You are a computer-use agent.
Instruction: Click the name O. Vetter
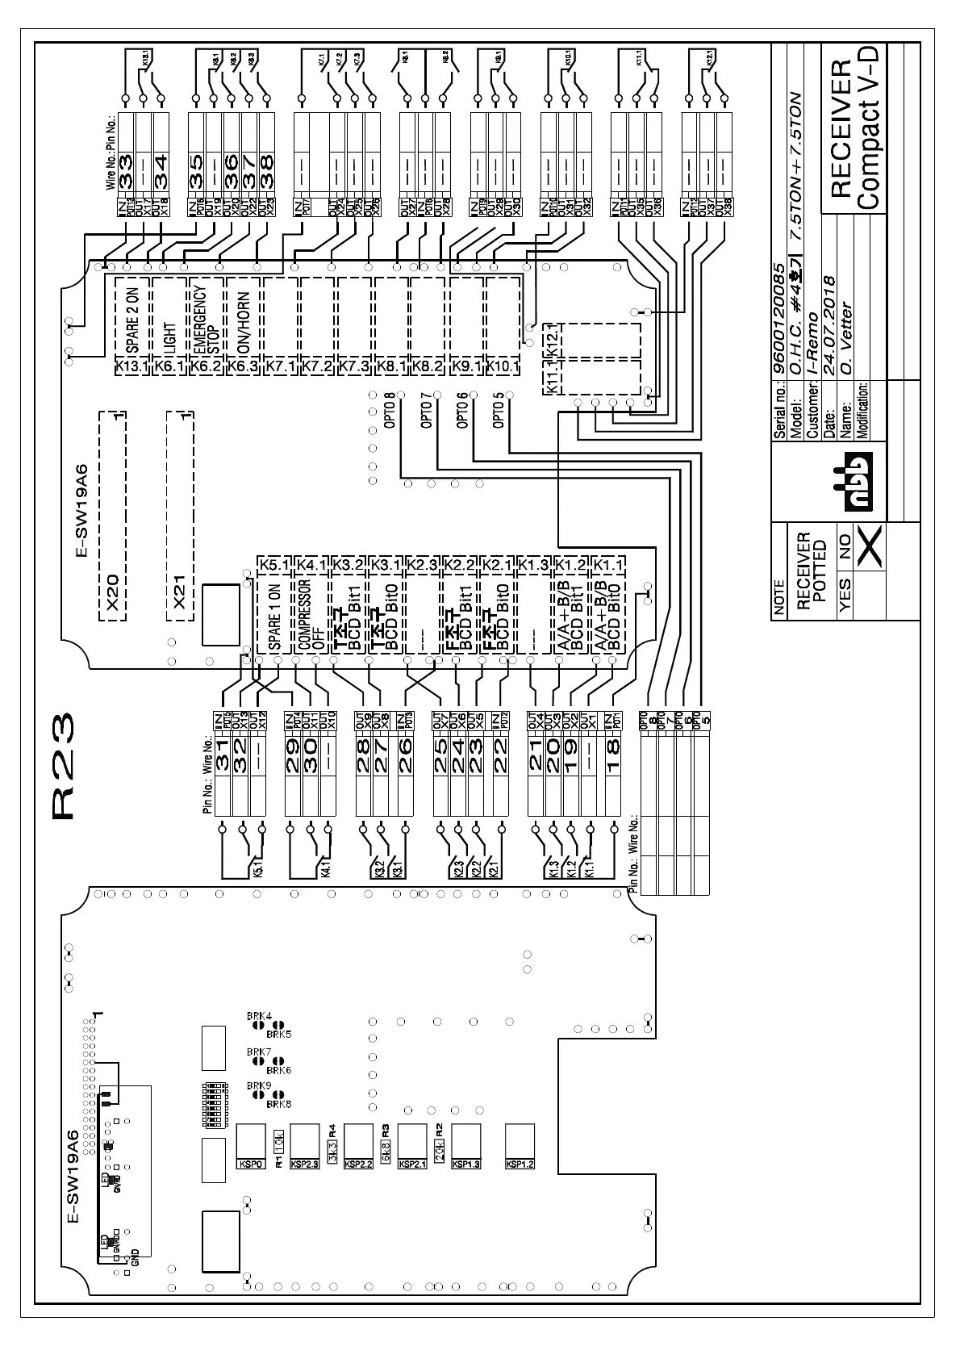coord(845,328)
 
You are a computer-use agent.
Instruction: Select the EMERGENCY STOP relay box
coord(207,318)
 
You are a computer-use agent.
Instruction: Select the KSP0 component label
coord(249,1165)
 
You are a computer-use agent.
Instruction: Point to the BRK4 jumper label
coord(259,1016)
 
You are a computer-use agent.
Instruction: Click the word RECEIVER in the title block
coord(838,129)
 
